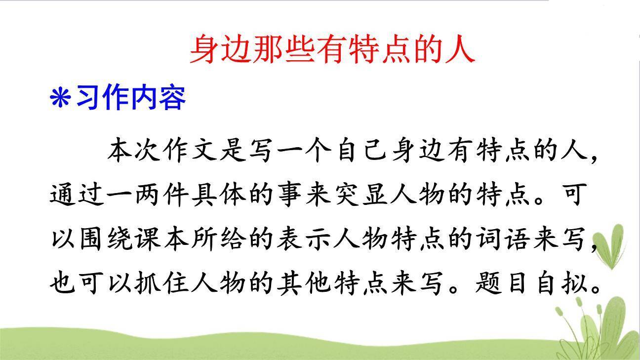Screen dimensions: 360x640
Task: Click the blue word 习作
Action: [x=103, y=98]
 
